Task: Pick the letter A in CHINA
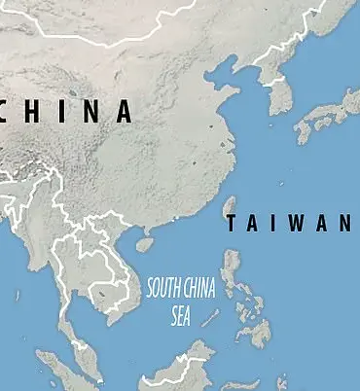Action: [x=124, y=111]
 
